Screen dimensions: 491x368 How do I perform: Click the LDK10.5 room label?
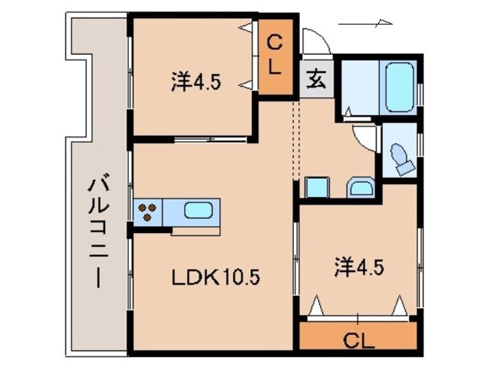tap(215, 277)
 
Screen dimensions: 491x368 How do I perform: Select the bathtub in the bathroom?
tap(400, 87)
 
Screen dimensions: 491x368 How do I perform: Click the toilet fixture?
tap(402, 159)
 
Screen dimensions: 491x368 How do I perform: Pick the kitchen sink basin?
tap(198, 210)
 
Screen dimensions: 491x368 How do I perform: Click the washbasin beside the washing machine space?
tap(361, 188)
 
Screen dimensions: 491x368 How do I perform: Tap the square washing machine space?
tap(317, 187)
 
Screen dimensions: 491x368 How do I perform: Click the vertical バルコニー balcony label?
tap(98, 230)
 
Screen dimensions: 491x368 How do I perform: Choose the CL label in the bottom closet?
tap(359, 341)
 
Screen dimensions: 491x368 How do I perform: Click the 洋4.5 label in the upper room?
tap(196, 82)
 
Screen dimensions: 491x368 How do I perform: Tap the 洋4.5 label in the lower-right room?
tap(359, 266)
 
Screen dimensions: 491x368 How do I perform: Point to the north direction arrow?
tap(366, 23)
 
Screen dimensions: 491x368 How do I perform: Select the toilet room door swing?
tap(363, 138)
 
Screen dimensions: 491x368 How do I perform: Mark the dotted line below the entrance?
tap(296, 140)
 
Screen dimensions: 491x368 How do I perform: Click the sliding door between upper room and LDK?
tap(211, 139)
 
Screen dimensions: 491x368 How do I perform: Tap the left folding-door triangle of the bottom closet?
tap(316, 305)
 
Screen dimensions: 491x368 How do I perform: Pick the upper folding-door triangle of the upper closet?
tap(245, 28)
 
